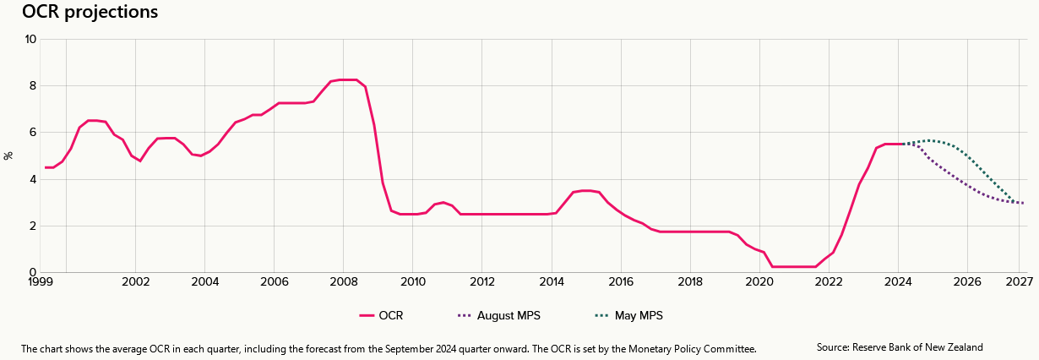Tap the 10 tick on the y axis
point(30,39)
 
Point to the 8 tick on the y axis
point(33,85)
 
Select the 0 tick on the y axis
point(33,272)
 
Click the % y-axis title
point(8,155)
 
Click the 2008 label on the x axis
point(343,281)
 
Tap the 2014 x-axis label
point(552,281)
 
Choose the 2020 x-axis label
point(759,281)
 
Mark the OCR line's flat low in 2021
point(794,266)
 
